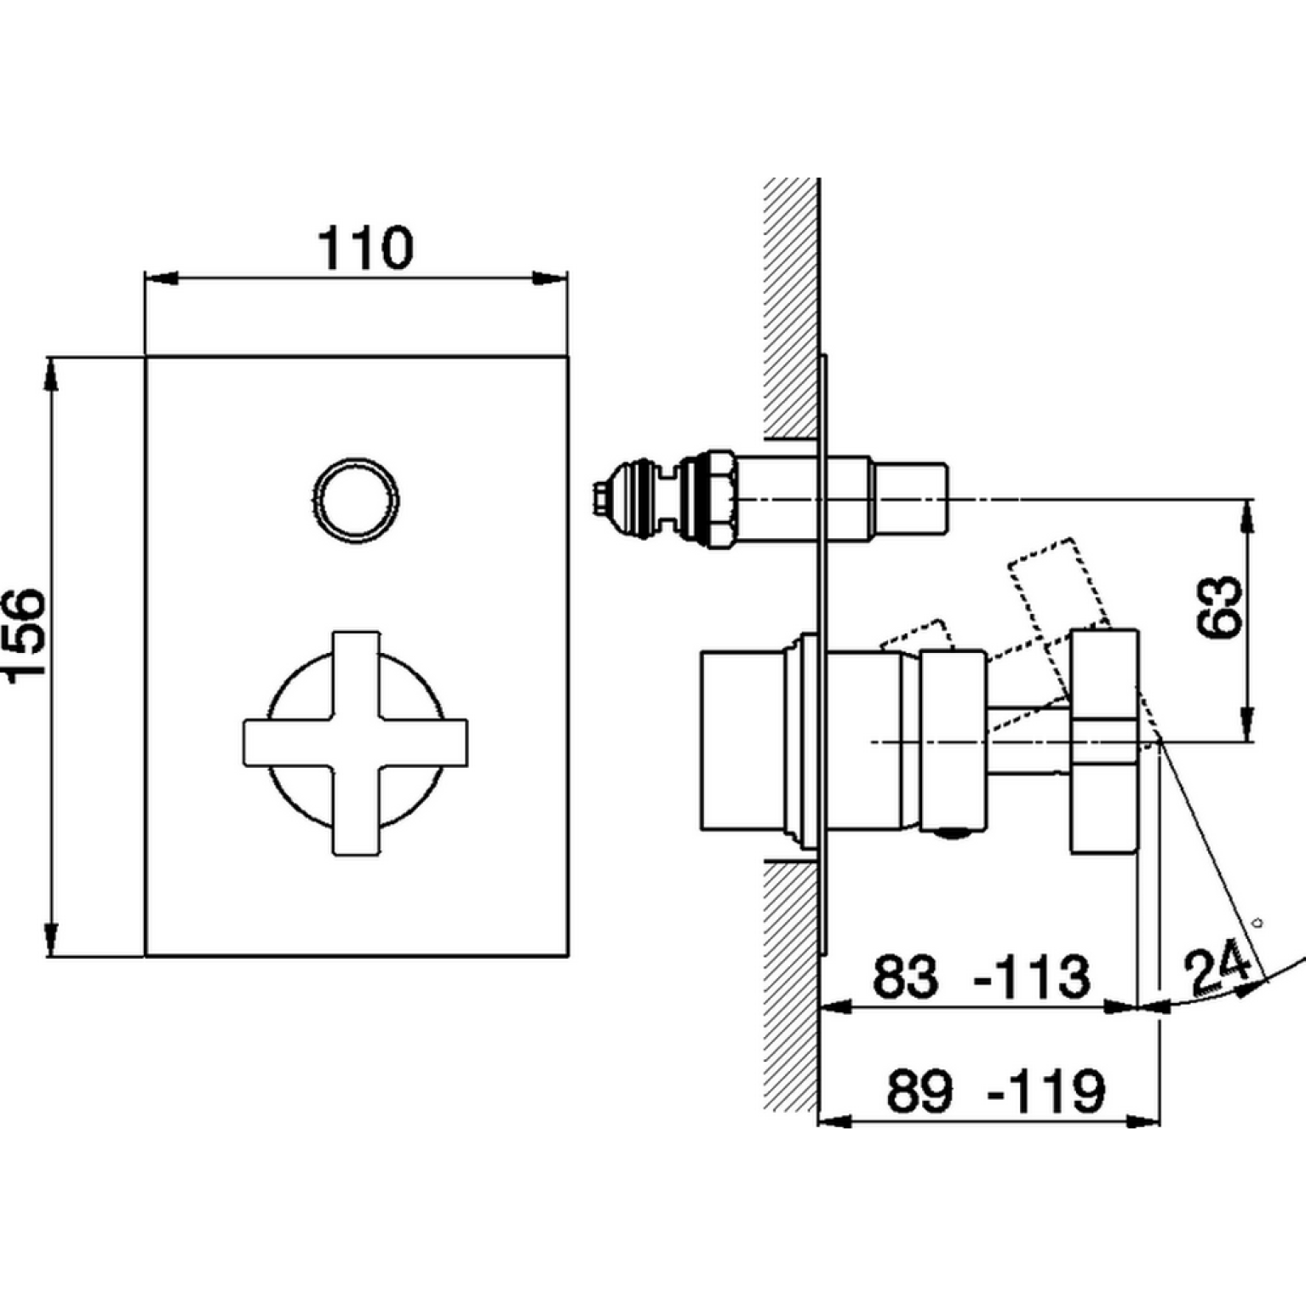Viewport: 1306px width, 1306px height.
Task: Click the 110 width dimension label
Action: (x=365, y=248)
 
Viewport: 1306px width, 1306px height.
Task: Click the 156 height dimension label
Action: (x=23, y=633)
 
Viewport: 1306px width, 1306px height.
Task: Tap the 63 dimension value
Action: (x=1218, y=607)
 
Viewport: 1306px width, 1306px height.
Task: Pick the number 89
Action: (x=919, y=1091)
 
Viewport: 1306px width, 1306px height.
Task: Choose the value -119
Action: (x=1047, y=1091)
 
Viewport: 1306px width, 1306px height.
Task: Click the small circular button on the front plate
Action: (x=356, y=500)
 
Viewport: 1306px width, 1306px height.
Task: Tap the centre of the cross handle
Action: (x=355, y=742)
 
